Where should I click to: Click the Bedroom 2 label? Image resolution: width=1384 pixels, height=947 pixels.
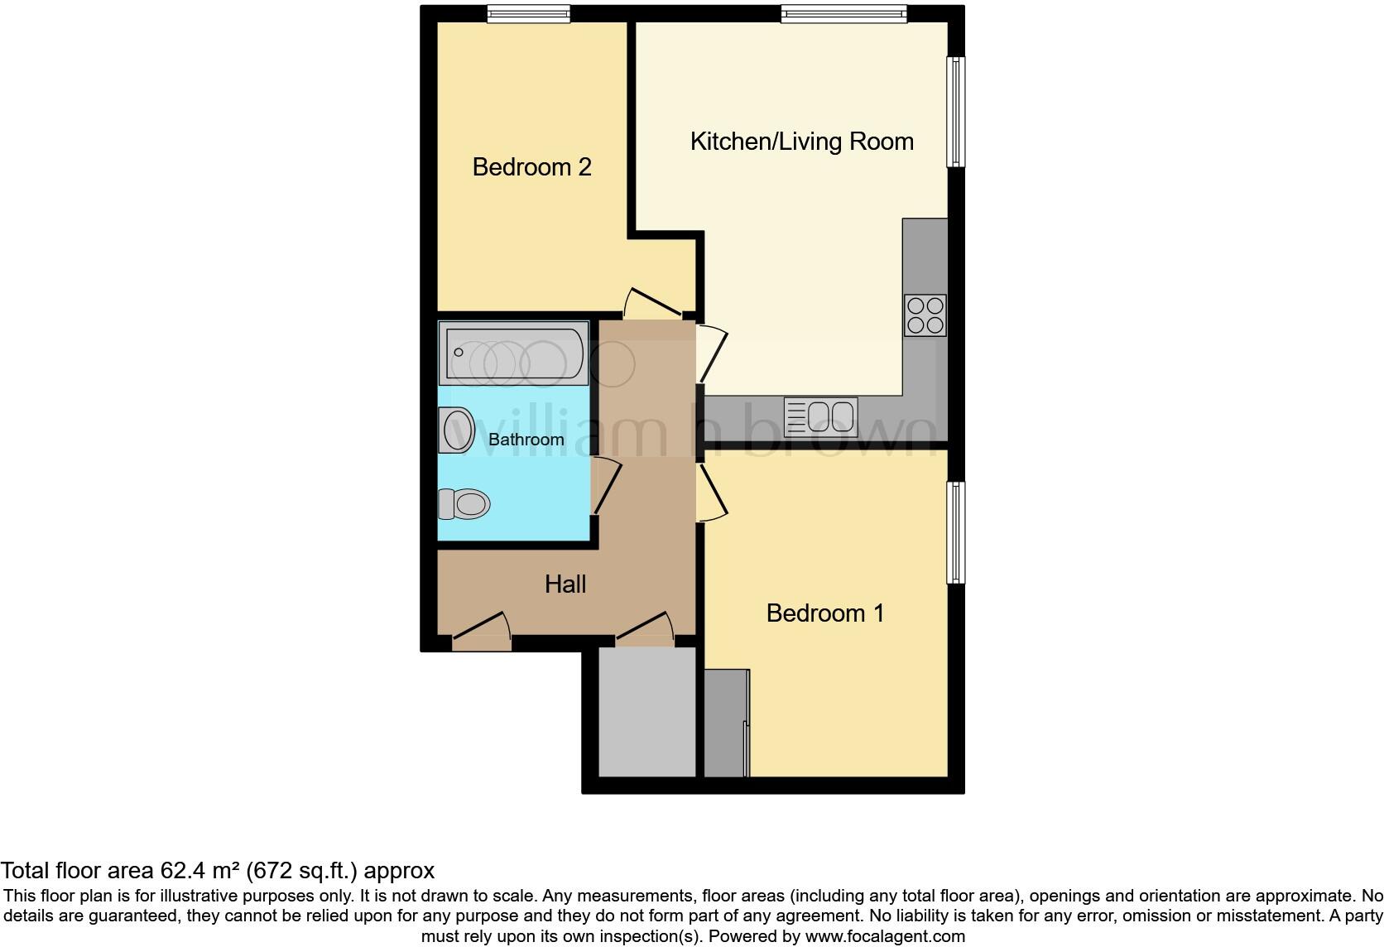531,167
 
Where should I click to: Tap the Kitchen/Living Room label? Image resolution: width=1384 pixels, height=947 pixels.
801,142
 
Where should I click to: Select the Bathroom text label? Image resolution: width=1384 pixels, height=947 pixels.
526,440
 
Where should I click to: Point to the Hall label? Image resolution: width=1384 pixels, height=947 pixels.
565,584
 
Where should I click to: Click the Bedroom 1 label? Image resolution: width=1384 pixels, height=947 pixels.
824,613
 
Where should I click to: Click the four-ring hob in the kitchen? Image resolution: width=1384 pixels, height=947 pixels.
925,315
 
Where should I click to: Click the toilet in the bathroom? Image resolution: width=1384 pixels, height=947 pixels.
464,503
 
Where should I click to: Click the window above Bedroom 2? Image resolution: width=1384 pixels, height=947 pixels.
528,13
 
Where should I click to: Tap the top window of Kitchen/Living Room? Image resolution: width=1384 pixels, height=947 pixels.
843,13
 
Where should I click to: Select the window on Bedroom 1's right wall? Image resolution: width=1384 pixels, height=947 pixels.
955,532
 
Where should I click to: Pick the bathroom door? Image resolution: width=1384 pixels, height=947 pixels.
606,485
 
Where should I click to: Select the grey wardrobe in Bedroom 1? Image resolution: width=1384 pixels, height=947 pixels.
726,723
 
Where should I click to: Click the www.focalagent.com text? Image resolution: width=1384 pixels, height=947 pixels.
885,937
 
